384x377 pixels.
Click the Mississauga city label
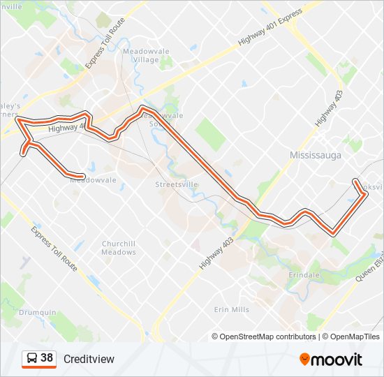[316, 155]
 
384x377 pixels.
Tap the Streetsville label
[177, 184]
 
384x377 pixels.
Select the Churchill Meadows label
[119, 248]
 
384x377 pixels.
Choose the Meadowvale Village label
[141, 55]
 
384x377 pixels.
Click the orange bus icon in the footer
[31, 359]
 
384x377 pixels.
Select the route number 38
[47, 358]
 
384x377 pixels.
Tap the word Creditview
[89, 359]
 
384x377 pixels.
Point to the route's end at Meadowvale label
[83, 176]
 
